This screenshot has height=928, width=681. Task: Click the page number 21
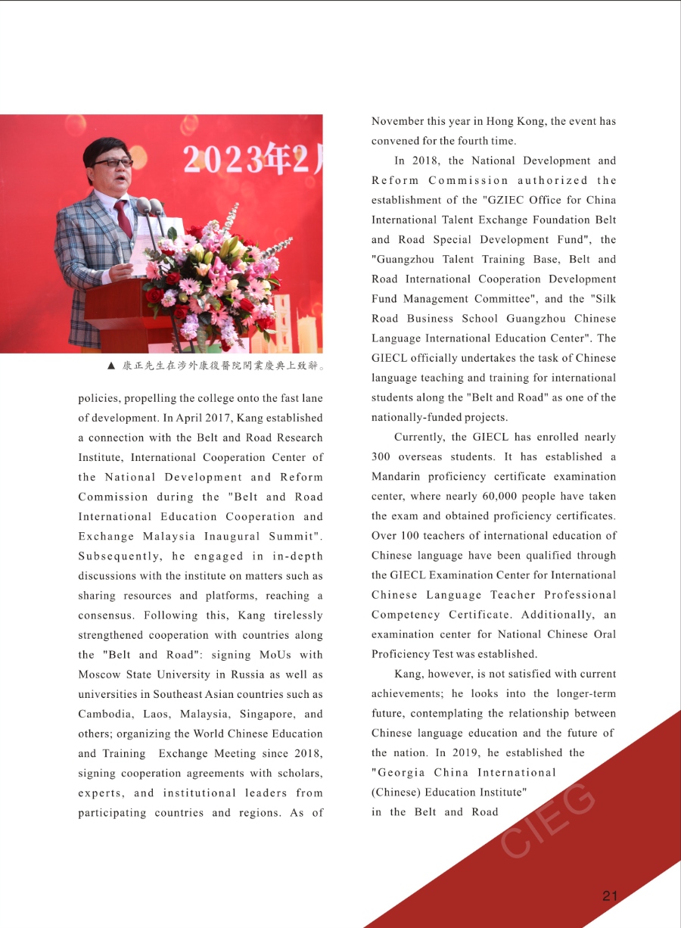610,896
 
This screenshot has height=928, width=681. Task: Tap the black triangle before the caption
111,366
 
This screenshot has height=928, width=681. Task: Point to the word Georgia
401,772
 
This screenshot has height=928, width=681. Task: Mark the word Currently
419,437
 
